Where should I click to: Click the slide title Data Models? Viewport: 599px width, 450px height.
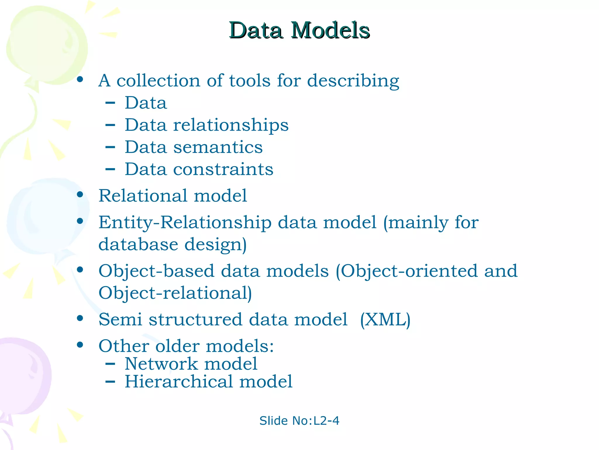299,30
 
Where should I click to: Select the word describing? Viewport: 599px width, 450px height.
353,81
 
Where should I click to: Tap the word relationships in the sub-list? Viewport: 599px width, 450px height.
231,125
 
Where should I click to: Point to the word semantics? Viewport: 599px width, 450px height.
218,147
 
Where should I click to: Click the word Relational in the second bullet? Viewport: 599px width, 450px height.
143,195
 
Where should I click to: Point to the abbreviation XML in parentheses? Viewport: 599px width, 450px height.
385,319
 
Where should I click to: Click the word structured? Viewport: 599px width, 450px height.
195,319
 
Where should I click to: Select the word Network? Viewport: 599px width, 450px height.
161,364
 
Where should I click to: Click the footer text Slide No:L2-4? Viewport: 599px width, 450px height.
299,421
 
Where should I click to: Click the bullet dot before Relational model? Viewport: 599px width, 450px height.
80,195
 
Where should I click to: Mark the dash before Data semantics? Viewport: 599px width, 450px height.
110,147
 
